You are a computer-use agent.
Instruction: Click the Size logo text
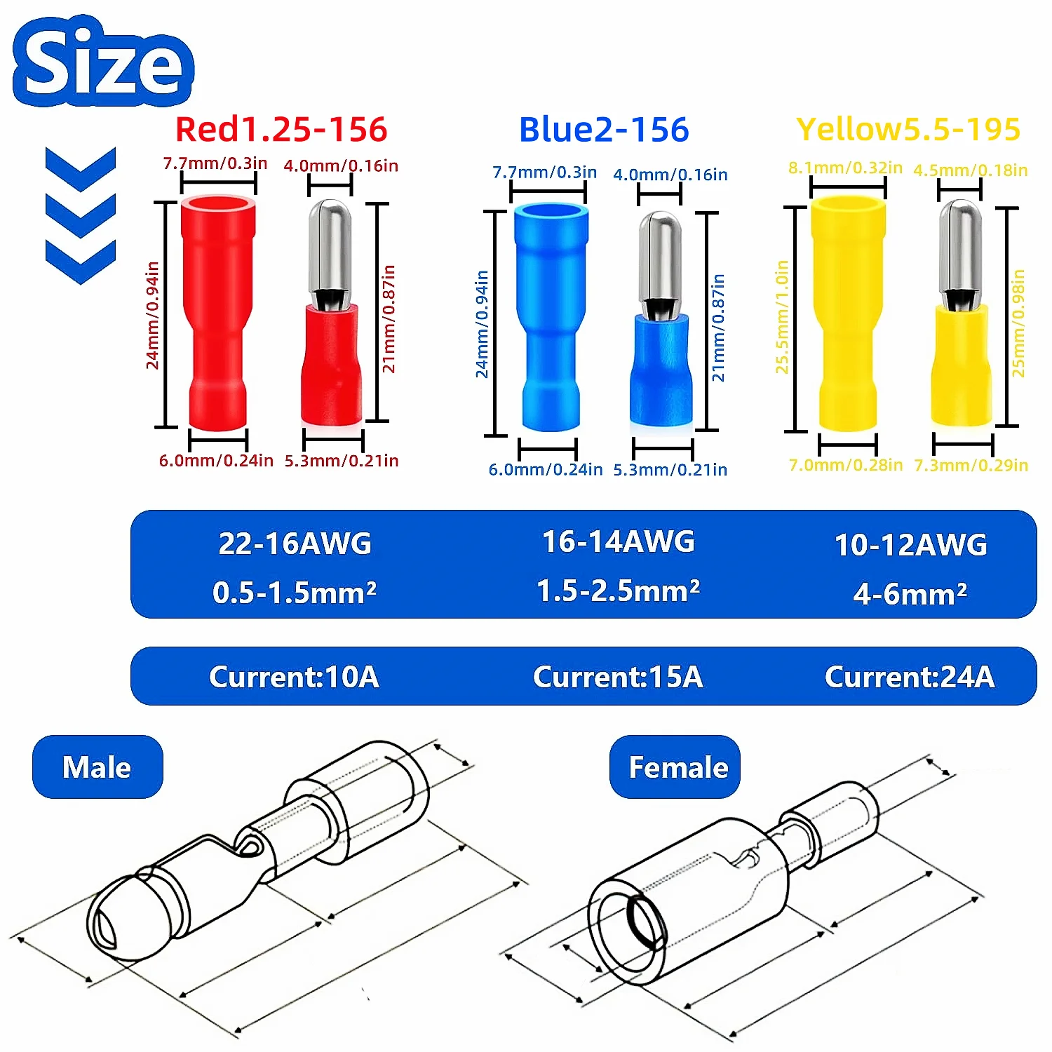103,62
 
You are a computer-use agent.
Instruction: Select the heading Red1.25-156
281,129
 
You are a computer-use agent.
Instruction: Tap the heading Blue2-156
604,130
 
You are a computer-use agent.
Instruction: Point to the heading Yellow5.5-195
908,129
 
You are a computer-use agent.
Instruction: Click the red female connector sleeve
217,312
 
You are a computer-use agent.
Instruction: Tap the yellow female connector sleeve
848,312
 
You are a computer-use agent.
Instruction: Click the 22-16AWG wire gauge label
295,544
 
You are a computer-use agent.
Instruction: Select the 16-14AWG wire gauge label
619,541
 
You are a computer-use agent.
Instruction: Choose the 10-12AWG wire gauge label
910,545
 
